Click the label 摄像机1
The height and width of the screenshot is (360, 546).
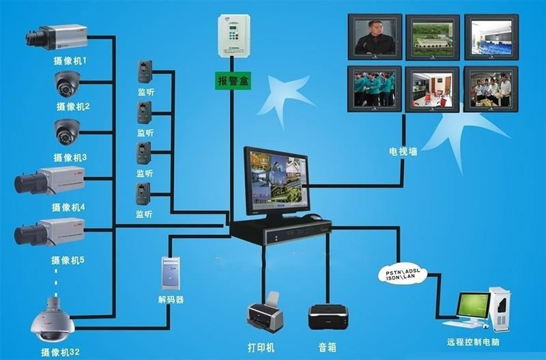70,61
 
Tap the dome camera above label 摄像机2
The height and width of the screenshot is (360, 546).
67,84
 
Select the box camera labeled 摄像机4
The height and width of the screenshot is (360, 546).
49,181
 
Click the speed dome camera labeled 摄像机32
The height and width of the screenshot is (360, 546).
53,320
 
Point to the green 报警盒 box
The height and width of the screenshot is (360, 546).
233,81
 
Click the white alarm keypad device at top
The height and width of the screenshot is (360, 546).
234,36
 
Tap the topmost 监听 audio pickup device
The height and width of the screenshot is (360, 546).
145,72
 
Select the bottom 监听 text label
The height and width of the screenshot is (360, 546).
144,214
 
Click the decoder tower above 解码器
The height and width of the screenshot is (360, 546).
171,273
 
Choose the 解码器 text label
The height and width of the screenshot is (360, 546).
171,299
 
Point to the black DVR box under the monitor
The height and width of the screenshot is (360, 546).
281,230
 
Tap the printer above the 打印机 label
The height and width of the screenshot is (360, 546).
265,313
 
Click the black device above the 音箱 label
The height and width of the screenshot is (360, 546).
328,317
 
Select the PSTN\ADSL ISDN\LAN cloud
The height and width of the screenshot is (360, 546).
403,274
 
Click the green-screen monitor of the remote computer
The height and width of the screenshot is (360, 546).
474,305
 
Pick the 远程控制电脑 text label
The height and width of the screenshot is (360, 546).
474,342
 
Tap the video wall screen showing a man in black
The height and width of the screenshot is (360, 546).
375,37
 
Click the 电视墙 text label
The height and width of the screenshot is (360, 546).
403,152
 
